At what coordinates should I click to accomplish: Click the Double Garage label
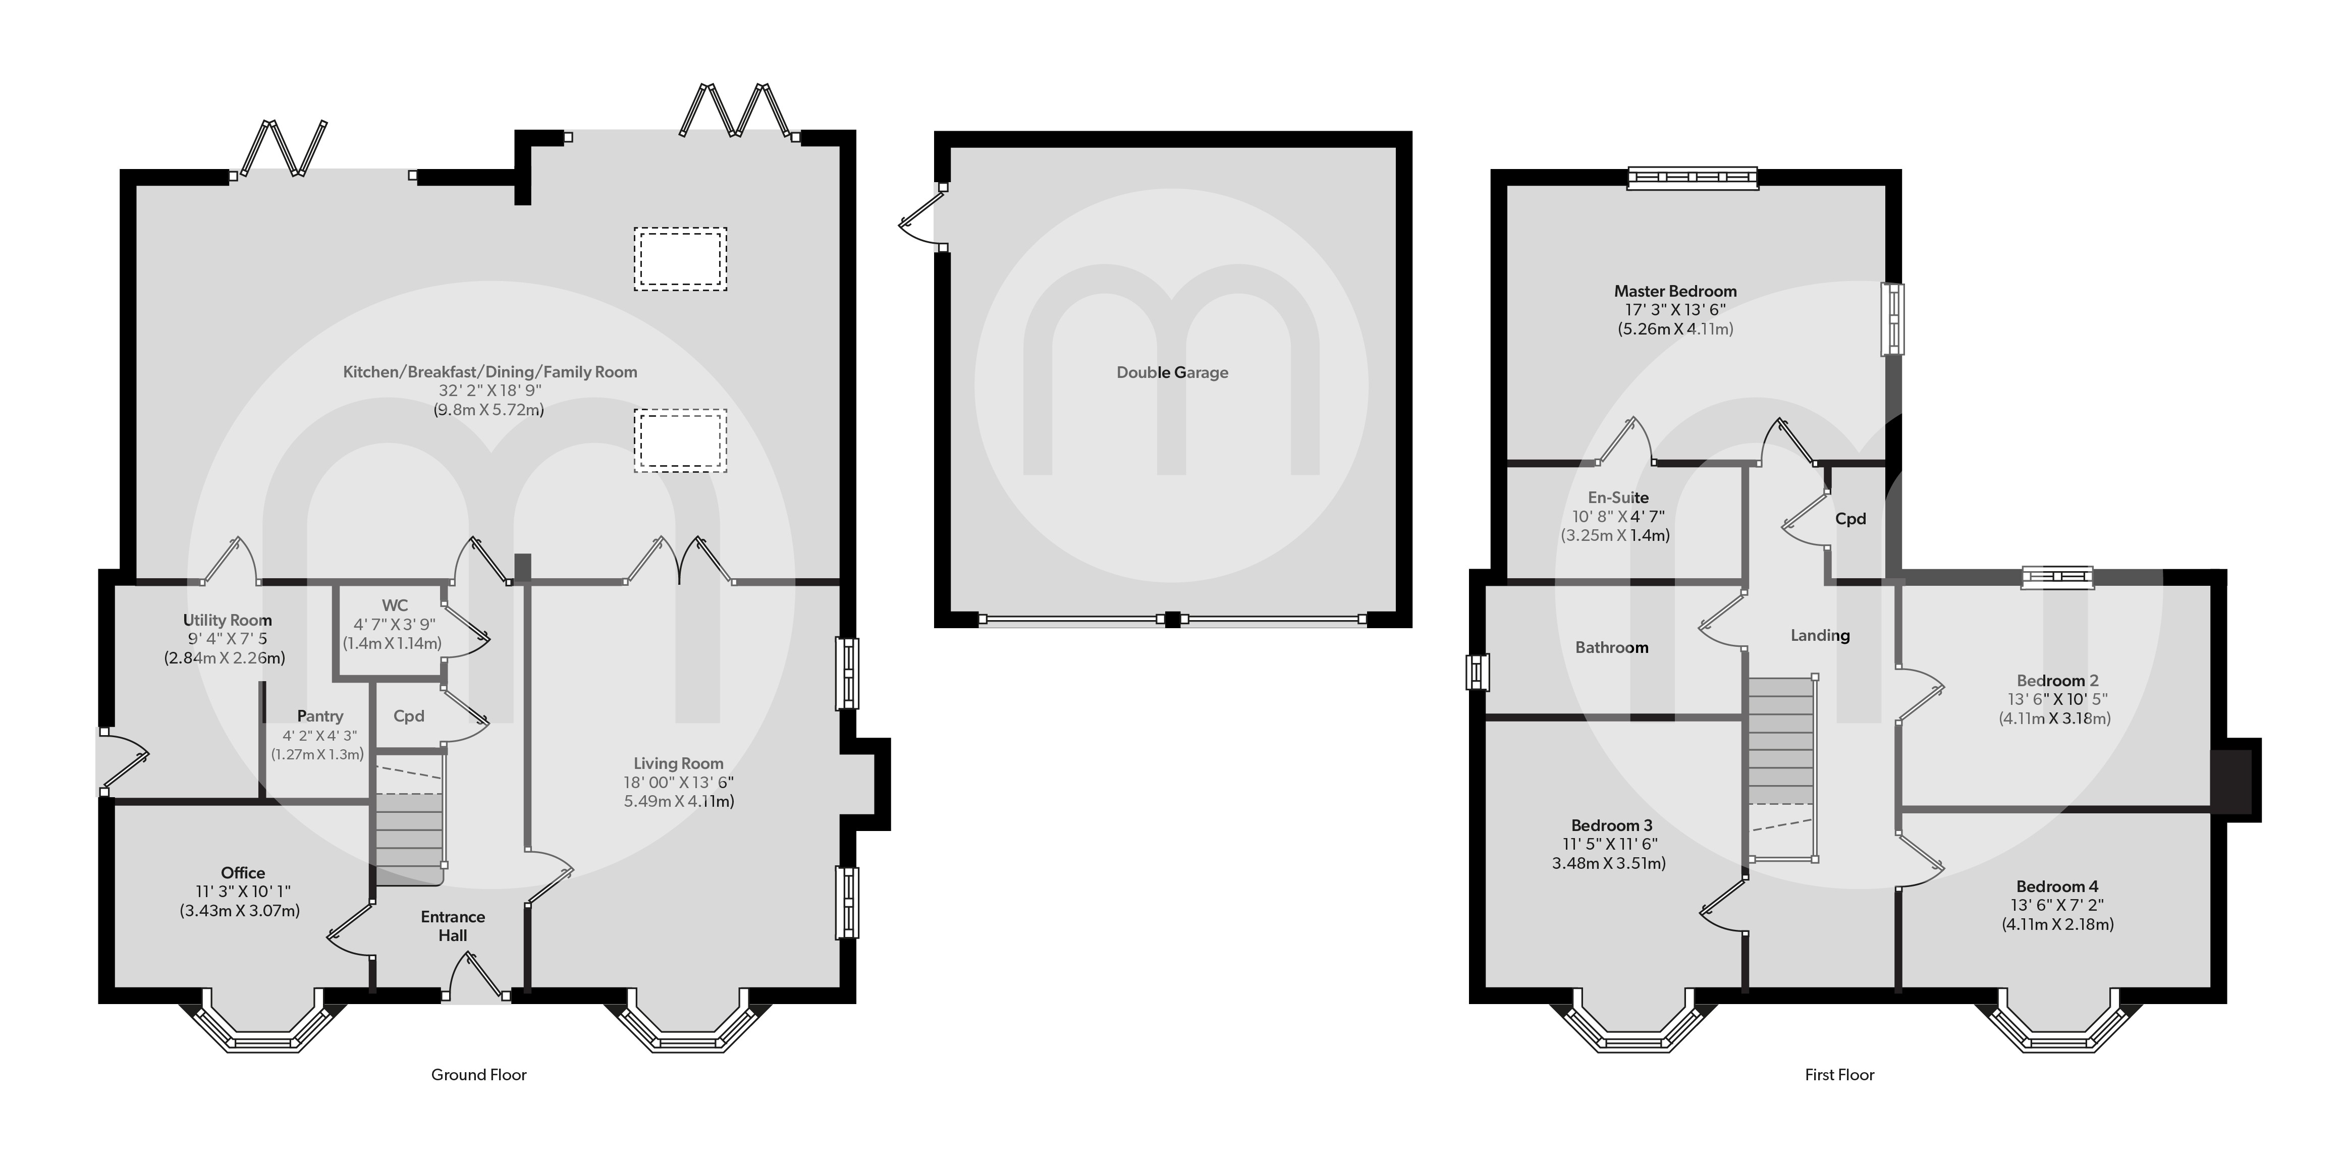point(1172,372)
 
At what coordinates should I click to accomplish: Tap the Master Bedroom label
point(1675,291)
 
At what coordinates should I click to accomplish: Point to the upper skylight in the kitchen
point(680,259)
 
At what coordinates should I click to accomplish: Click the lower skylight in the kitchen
point(680,440)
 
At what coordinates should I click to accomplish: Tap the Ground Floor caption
point(478,1075)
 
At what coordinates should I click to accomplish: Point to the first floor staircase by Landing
point(1780,741)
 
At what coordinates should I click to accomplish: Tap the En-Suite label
point(1617,497)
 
